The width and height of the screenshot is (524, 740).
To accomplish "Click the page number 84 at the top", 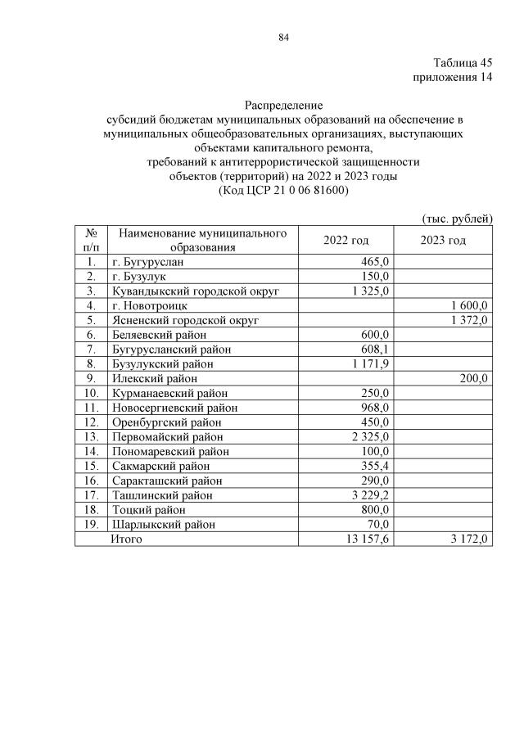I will tap(284, 37).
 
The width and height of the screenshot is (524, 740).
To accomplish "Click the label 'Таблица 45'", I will tap(463, 63).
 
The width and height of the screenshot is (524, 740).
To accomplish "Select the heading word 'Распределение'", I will tap(283, 105).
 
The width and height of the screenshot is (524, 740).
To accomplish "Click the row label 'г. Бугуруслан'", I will tap(148, 262).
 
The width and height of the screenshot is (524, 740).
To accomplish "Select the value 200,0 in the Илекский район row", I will tap(473, 378).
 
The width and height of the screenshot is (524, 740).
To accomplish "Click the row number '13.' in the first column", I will tap(90, 437).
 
